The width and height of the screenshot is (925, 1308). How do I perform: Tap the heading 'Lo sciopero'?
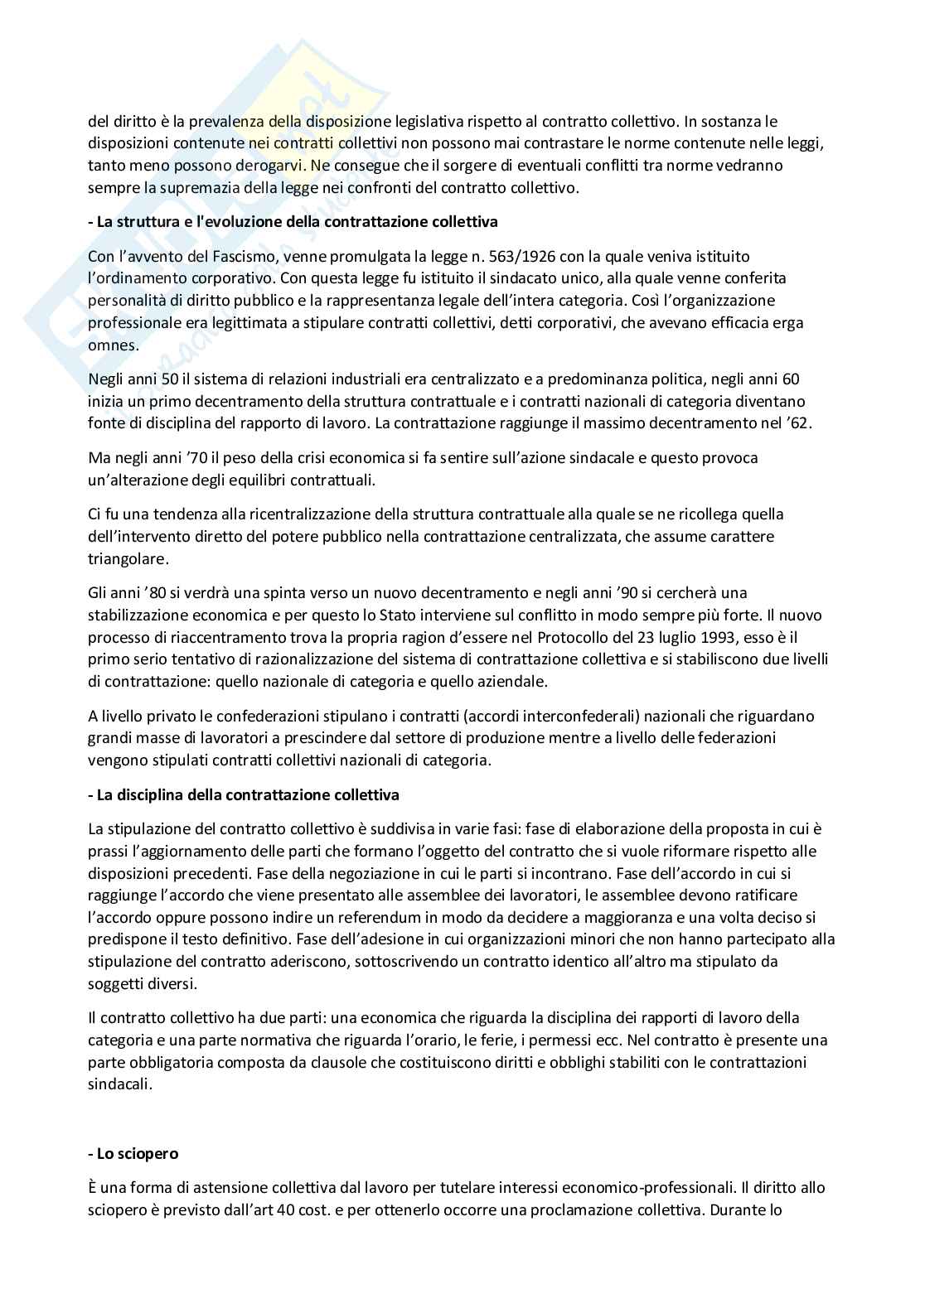[x=133, y=1153]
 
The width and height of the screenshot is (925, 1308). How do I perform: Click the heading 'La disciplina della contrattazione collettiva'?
[x=244, y=795]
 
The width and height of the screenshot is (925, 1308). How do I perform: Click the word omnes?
[x=112, y=345]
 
